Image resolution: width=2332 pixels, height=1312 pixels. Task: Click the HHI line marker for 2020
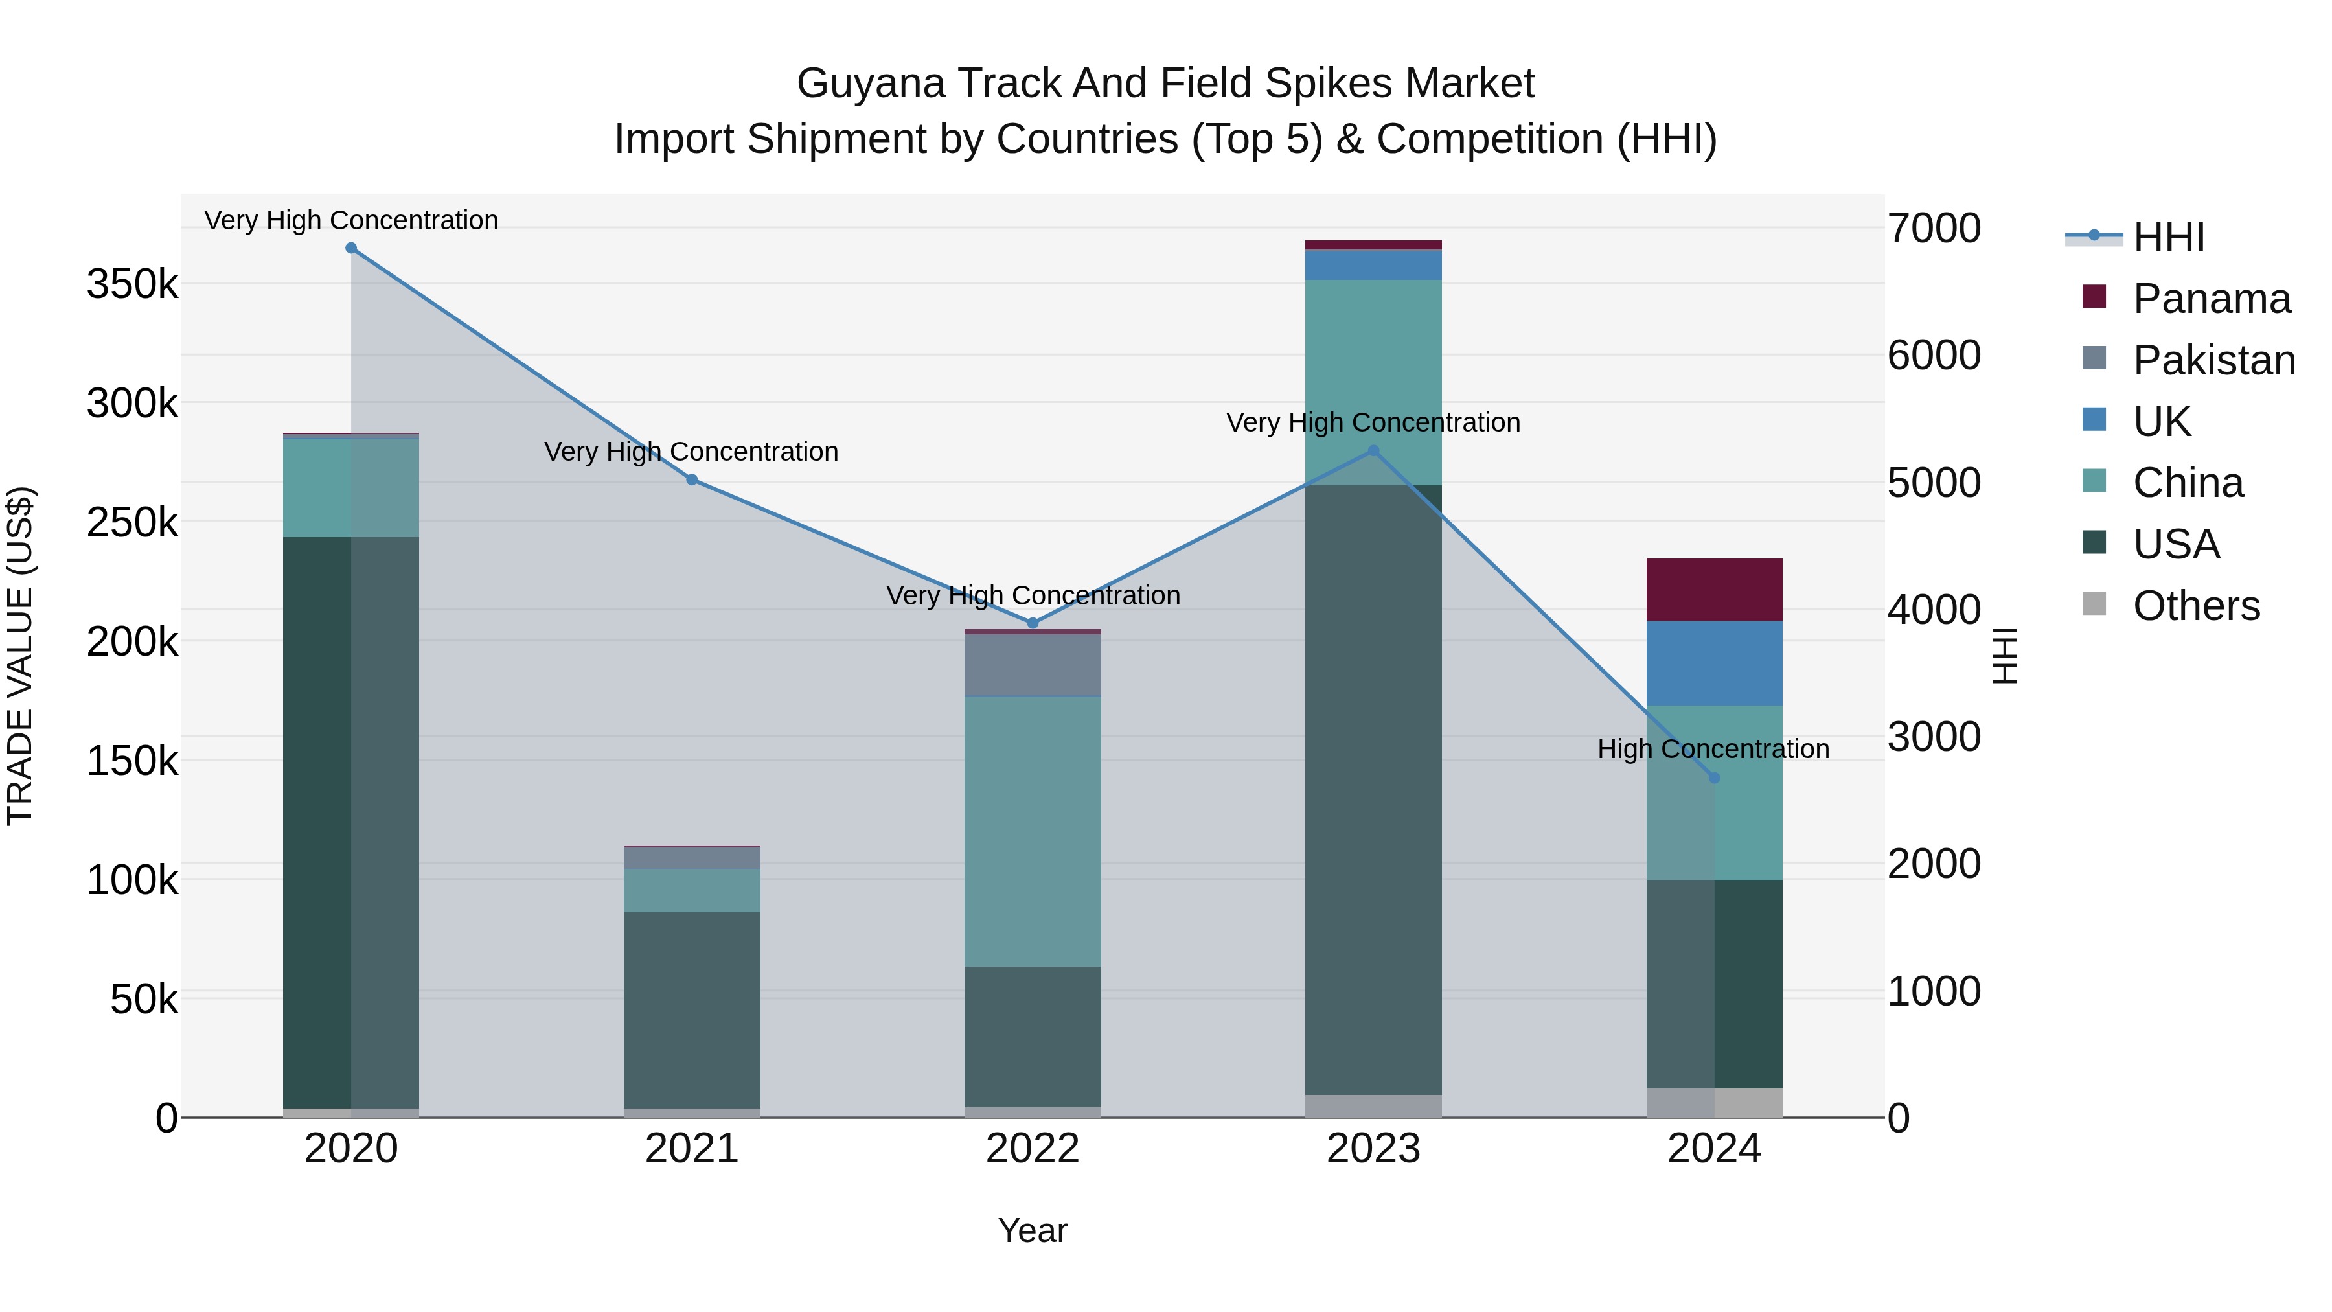[x=351, y=248]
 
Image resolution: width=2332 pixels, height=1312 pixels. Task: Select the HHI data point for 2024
[x=1713, y=777]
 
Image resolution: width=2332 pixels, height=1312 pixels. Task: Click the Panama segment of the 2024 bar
[x=1713, y=590]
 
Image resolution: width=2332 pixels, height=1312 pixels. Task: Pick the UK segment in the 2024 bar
[x=1713, y=663]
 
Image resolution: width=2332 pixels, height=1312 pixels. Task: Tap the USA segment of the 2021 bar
[x=692, y=1009]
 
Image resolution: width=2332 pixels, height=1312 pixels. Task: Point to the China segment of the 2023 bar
[x=1373, y=381]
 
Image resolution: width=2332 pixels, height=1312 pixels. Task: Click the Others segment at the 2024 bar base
[x=1713, y=1102]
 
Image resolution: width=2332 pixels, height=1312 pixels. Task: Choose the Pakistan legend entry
[x=2213, y=360]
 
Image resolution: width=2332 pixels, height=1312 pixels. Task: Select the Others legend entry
[x=2195, y=606]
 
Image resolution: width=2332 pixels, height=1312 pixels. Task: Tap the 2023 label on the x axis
[x=1373, y=1149]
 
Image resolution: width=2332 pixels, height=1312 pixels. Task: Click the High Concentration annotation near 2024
[x=1713, y=749]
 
